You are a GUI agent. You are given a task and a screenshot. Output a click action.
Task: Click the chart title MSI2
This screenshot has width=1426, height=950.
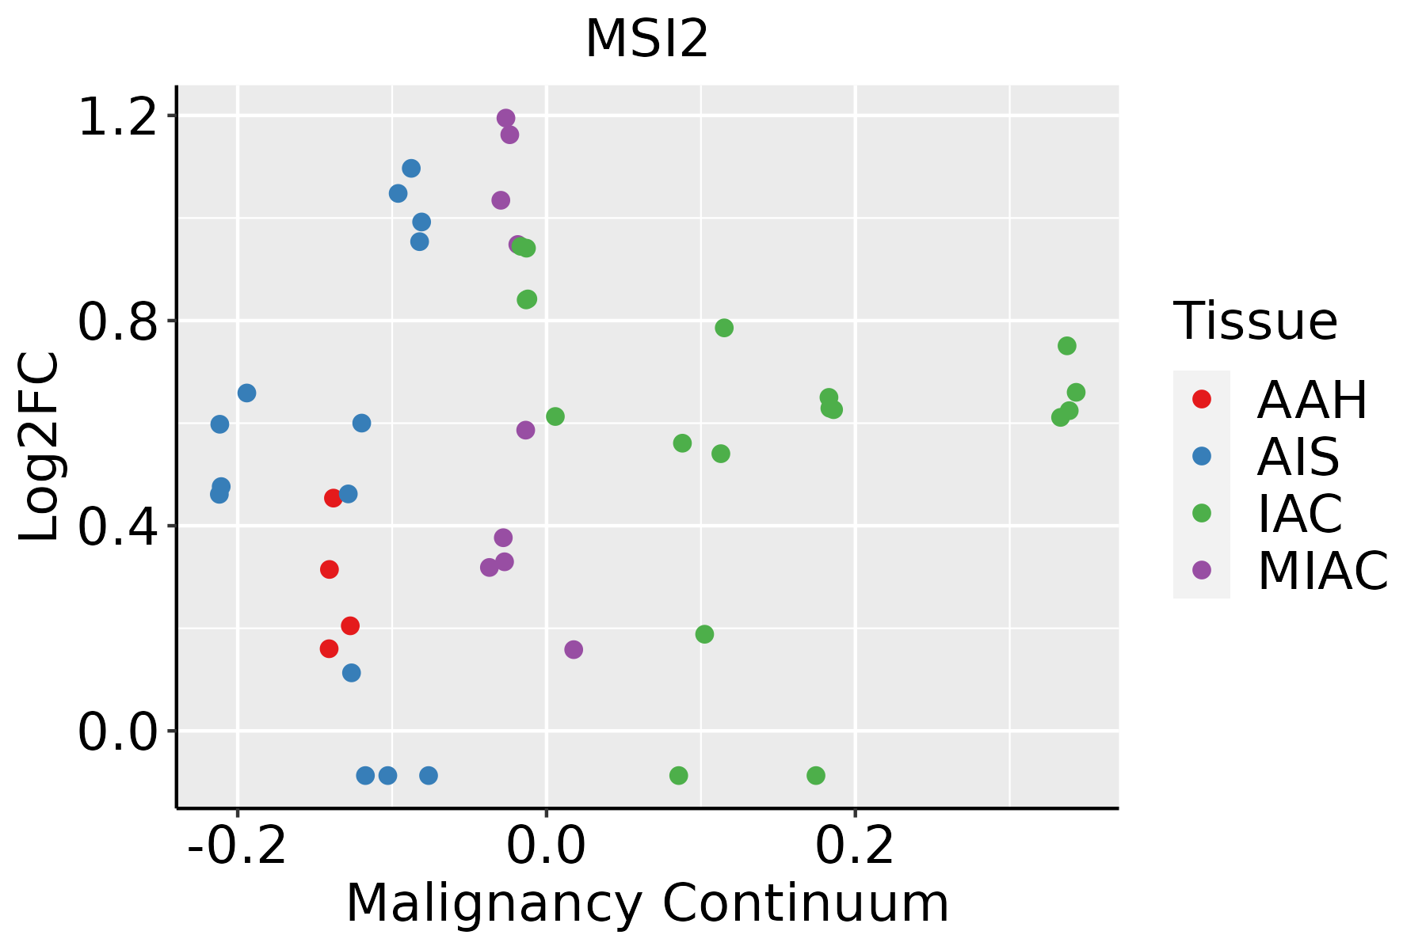click(x=646, y=40)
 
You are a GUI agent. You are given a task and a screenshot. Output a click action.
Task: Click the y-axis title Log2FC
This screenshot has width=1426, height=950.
click(x=40, y=447)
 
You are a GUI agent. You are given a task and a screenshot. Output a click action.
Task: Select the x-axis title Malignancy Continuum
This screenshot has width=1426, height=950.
click(x=647, y=903)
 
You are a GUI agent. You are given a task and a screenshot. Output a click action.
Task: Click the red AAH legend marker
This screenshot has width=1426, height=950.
click(x=1202, y=399)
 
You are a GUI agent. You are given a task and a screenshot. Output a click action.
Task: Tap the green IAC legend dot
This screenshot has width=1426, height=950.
click(x=1202, y=513)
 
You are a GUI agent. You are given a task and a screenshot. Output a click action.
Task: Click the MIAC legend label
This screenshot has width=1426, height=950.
click(x=1323, y=571)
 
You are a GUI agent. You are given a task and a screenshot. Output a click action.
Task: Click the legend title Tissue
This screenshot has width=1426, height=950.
click(x=1256, y=321)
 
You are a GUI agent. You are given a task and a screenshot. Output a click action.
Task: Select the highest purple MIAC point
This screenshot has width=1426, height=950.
click(x=505, y=119)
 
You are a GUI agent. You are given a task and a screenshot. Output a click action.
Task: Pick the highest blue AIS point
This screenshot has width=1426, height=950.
click(x=411, y=169)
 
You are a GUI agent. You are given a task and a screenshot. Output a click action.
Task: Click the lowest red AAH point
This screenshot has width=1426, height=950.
click(x=329, y=648)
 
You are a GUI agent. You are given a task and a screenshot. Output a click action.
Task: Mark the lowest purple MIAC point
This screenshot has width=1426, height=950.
click(x=574, y=649)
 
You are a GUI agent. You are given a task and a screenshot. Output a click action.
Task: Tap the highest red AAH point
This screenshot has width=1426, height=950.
click(x=333, y=498)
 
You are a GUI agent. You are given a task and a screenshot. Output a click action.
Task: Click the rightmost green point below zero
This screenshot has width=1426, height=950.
click(x=816, y=775)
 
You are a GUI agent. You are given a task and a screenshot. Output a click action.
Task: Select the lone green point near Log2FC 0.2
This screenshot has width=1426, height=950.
click(x=704, y=634)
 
